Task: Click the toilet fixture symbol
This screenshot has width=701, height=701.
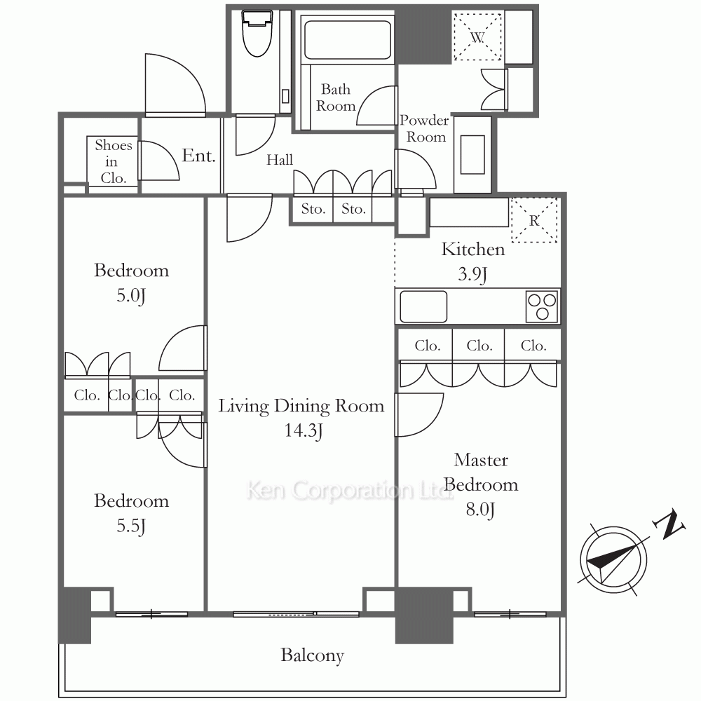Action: click(257, 34)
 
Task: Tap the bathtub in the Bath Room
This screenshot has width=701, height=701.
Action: click(348, 40)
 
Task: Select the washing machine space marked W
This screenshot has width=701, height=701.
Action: click(477, 36)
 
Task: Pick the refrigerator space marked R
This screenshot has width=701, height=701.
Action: click(534, 220)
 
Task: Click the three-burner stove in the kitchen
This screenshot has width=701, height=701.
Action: click(543, 306)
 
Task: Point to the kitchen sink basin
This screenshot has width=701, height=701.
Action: click(423, 307)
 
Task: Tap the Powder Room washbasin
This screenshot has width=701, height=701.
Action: click(472, 155)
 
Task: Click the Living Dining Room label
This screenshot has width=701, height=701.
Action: click(301, 406)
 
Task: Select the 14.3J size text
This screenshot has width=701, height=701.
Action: click(304, 430)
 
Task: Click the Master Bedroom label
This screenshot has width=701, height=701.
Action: click(481, 472)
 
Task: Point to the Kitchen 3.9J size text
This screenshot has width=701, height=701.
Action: click(472, 273)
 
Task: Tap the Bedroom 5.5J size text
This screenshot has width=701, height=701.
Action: click(132, 526)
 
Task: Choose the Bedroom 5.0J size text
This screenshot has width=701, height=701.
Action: click(132, 296)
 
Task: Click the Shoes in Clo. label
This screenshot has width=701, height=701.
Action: click(113, 161)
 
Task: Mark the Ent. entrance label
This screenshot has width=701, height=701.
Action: click(198, 155)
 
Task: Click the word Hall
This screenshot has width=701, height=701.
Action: click(280, 160)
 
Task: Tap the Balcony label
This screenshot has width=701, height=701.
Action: click(313, 655)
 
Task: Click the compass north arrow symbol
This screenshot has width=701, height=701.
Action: click(613, 559)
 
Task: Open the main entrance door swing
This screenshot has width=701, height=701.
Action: click(175, 85)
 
